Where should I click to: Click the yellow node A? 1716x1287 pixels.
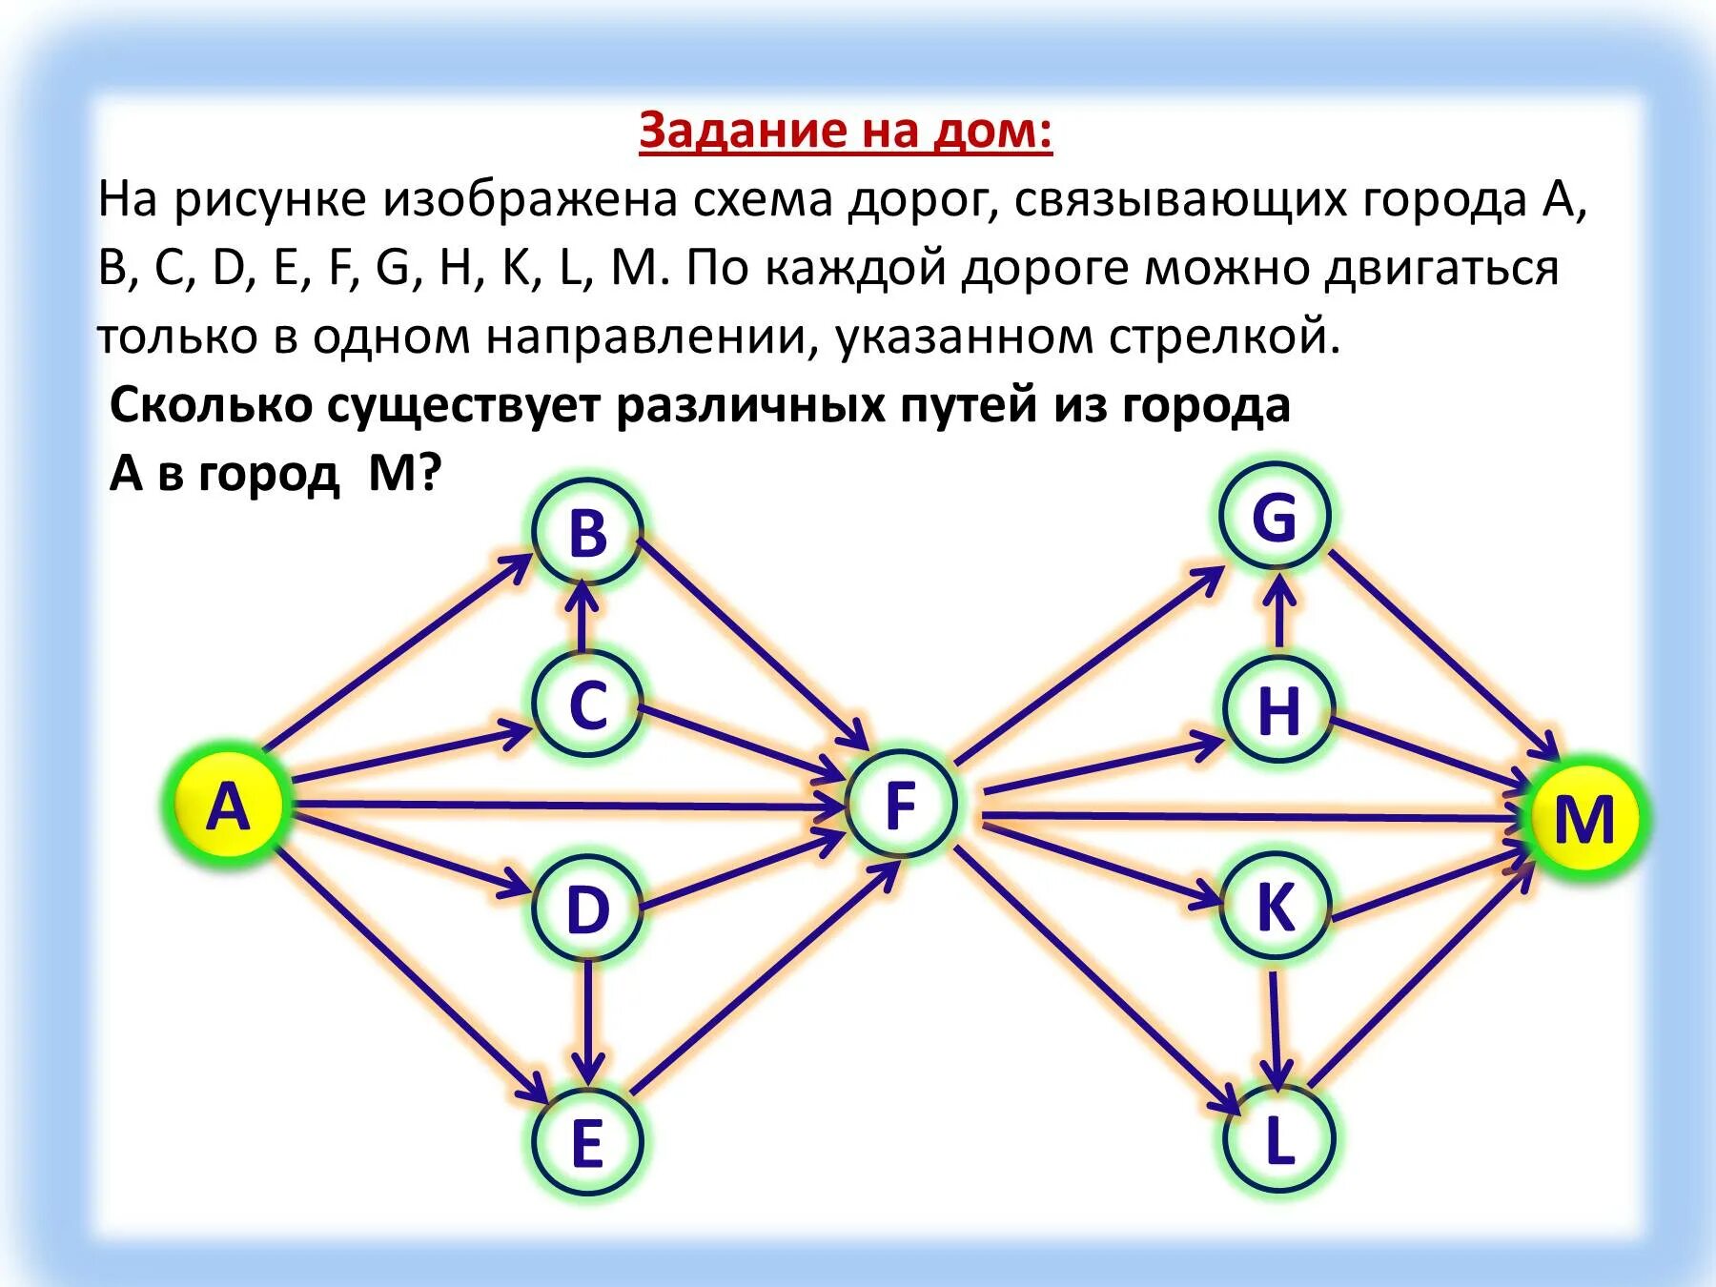(228, 807)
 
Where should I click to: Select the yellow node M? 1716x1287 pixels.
(1583, 817)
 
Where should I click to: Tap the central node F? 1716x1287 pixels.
(900, 805)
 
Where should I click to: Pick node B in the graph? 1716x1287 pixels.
(587, 532)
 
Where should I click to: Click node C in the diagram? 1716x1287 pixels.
(587, 705)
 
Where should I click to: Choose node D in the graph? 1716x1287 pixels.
(587, 907)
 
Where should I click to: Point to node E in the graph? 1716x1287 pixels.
(587, 1142)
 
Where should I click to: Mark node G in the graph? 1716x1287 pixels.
(1275, 518)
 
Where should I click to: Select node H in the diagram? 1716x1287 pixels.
(1277, 710)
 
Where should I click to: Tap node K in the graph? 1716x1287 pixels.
(1276, 905)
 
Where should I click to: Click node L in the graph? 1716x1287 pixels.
(1277, 1138)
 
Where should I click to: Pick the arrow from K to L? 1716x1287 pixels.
(1275, 1025)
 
